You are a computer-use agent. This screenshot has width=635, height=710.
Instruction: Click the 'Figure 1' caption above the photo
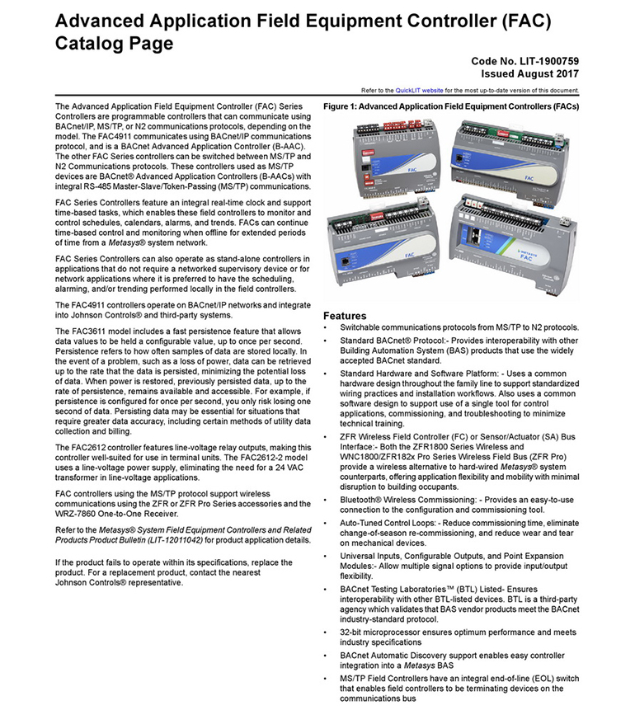point(450,107)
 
